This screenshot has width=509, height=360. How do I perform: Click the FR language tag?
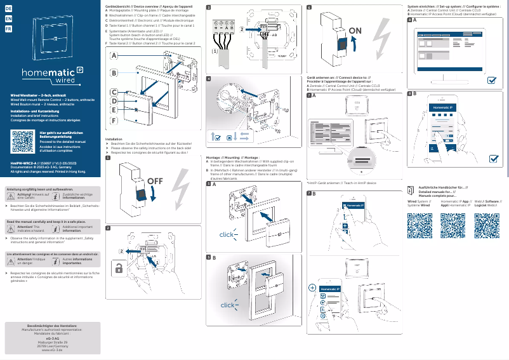tap(8, 29)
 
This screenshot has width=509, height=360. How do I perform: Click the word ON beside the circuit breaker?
tap(355, 30)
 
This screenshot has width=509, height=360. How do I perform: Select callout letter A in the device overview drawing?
tap(114, 56)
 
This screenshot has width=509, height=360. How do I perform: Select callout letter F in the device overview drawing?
tap(114, 120)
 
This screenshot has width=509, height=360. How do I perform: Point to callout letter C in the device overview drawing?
tap(114, 90)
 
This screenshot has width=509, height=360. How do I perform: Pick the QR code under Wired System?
tap(420, 226)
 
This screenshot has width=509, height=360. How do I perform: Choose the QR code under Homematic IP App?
tap(453, 226)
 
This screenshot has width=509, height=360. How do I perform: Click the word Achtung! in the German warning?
tap(25, 194)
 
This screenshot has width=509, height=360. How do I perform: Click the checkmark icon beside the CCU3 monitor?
tap(492, 81)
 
